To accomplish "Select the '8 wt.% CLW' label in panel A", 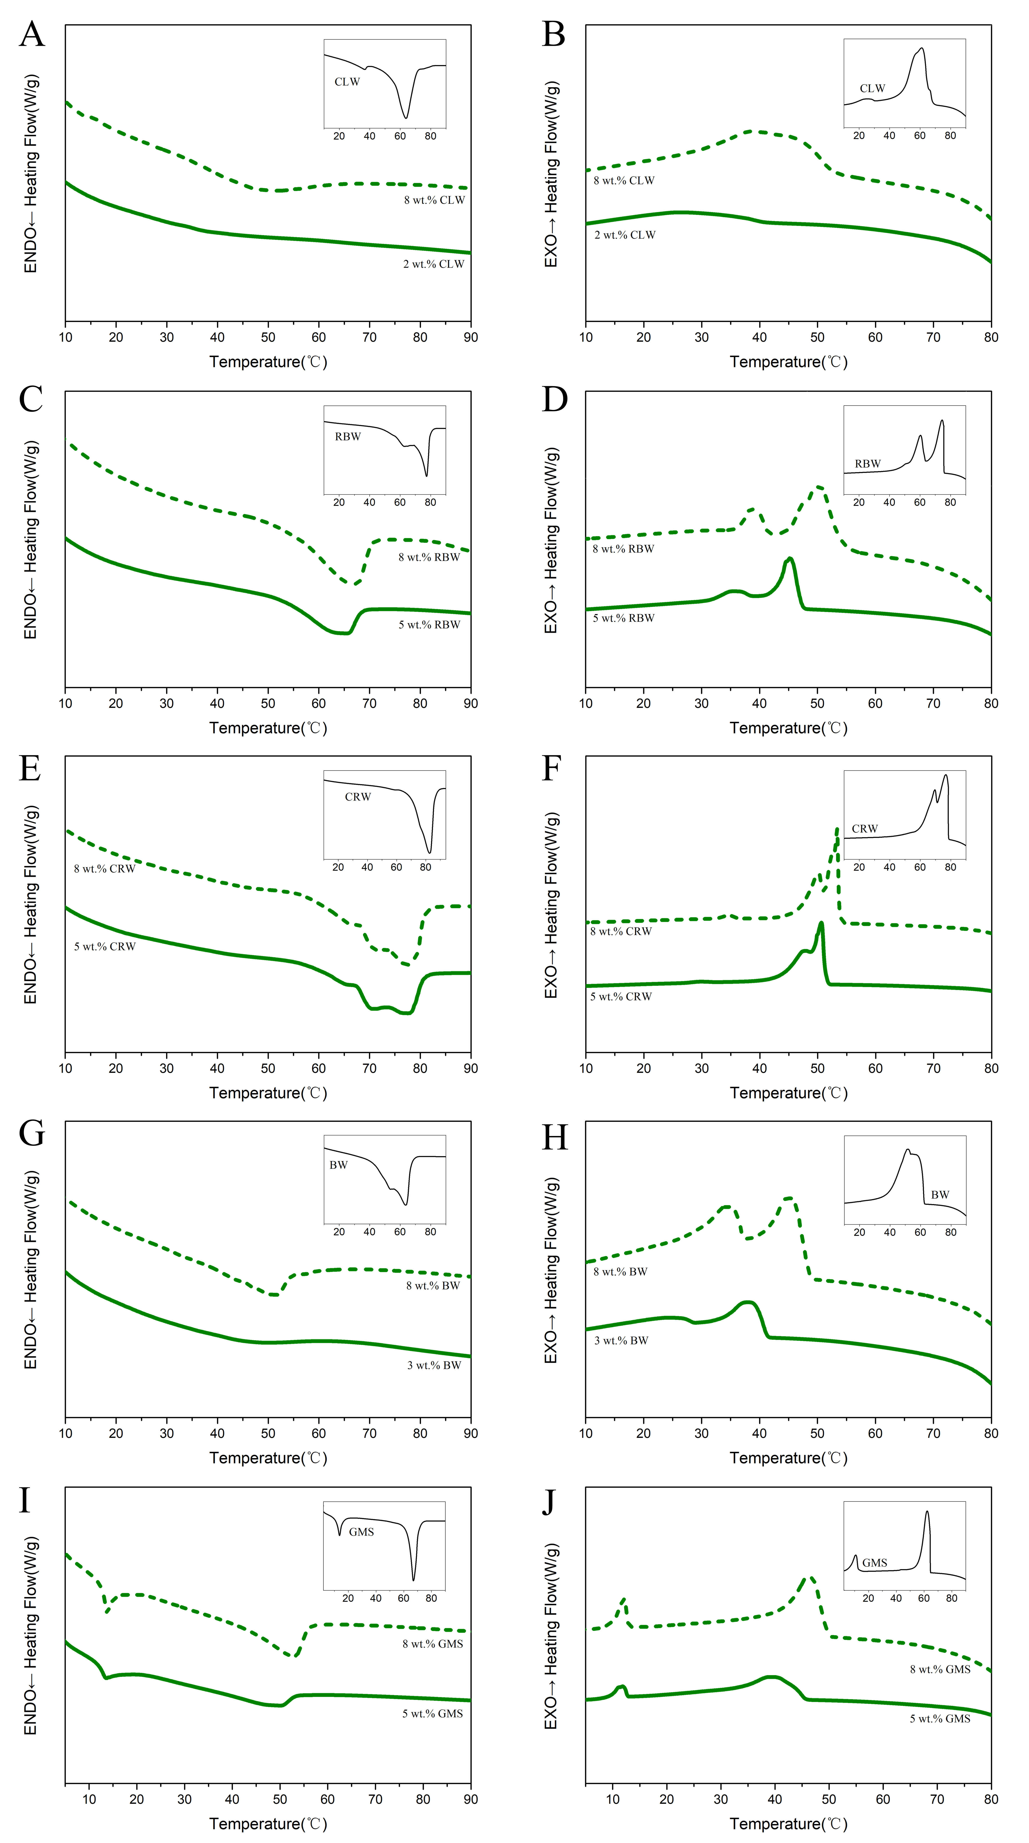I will pyautogui.click(x=434, y=200).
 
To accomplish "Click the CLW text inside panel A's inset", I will pyautogui.click(x=347, y=82).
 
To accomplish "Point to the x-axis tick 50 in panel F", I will pyautogui.click(x=817, y=1069).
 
